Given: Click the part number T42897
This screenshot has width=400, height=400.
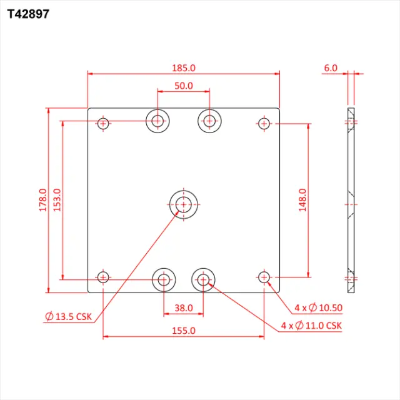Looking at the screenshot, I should point(28,13).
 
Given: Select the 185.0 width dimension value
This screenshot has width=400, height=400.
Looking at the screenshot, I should point(184,67).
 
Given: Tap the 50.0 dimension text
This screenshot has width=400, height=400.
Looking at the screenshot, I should point(184,86).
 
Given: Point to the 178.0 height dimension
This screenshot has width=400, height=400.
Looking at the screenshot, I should point(42,200).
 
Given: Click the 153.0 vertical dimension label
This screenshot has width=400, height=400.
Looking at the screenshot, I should point(57,200).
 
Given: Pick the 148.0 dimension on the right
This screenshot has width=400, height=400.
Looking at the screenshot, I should point(302,200).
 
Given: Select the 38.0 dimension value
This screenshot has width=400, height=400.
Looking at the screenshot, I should point(184,308).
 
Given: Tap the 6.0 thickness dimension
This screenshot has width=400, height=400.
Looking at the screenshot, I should point(331,67).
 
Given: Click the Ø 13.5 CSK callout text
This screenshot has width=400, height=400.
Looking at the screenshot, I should point(69,317).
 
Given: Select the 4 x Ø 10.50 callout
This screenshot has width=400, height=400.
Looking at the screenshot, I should point(318,308).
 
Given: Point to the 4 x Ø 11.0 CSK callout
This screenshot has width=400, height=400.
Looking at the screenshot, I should point(311,326).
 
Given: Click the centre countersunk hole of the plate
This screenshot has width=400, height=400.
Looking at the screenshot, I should point(183,204).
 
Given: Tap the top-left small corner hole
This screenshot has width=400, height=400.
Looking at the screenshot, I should point(104,123).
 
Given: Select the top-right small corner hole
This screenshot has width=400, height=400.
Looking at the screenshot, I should point(264,123).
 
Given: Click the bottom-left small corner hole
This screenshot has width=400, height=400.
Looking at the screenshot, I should point(104,277).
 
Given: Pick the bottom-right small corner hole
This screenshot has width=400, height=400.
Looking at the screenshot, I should point(264,277).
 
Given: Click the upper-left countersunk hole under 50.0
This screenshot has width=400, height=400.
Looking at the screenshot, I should point(158,121).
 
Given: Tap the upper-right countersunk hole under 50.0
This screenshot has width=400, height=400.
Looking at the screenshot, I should point(210,121).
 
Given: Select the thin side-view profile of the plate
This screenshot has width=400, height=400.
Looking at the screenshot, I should point(351,200).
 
